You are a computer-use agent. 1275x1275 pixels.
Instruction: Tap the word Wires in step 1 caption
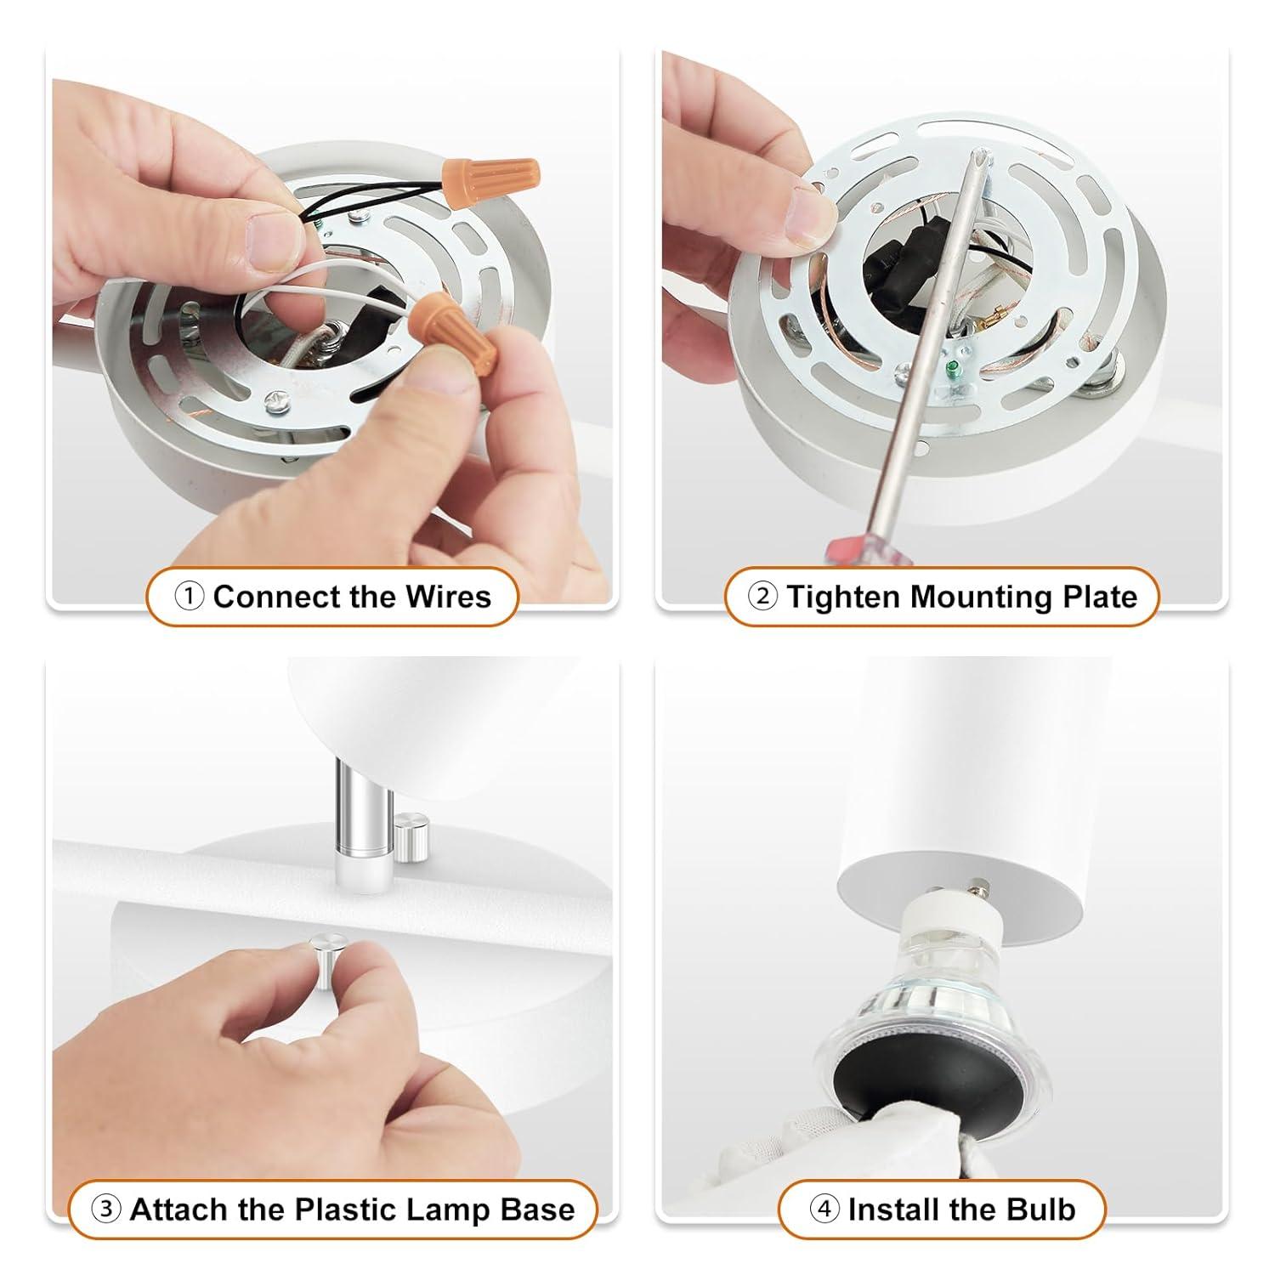coord(448,597)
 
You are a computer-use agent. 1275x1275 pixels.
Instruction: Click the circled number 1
coord(189,597)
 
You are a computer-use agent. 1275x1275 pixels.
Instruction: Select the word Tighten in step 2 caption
coord(842,597)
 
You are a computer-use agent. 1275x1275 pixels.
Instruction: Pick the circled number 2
coord(762,597)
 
